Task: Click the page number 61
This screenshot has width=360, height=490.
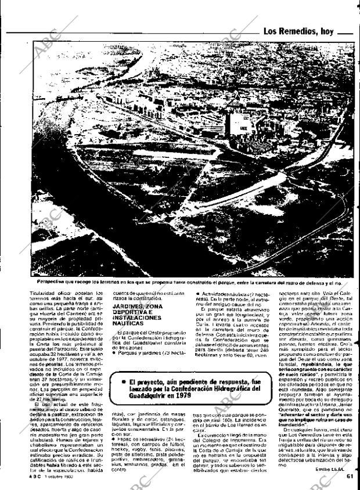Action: click(x=350, y=477)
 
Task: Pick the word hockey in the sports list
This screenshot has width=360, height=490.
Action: click(x=121, y=449)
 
